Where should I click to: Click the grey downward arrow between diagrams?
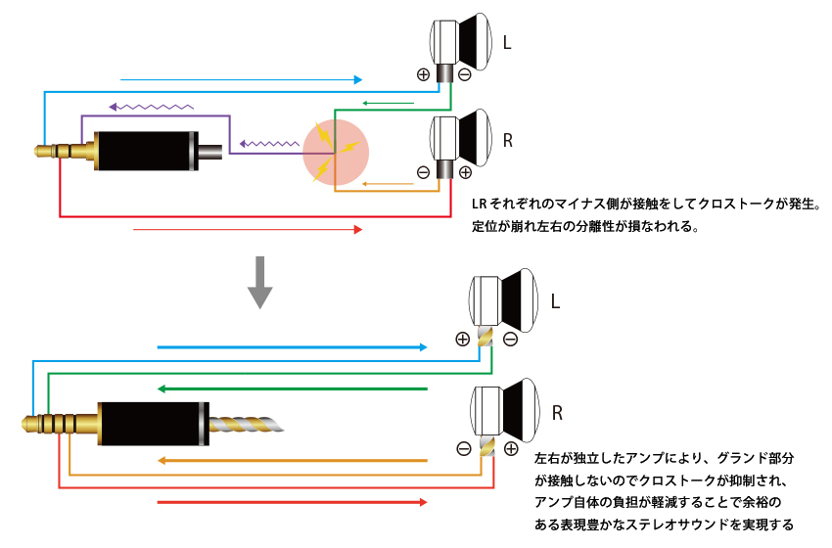pyautogui.click(x=259, y=282)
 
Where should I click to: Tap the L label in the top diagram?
pyautogui.click(x=506, y=44)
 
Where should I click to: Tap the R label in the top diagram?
pyautogui.click(x=507, y=140)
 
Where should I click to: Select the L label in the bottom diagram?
pyautogui.click(x=555, y=302)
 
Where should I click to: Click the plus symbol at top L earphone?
pyautogui.click(x=423, y=74)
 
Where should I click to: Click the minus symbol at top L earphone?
pyautogui.click(x=464, y=74)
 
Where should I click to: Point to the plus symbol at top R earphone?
pyautogui.click(x=465, y=172)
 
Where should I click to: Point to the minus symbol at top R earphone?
pyautogui.click(x=423, y=172)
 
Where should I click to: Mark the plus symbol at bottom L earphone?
pyautogui.click(x=462, y=340)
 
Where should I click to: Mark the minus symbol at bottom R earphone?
pyautogui.click(x=463, y=449)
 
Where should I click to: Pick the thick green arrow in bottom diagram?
pyautogui.click(x=294, y=388)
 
